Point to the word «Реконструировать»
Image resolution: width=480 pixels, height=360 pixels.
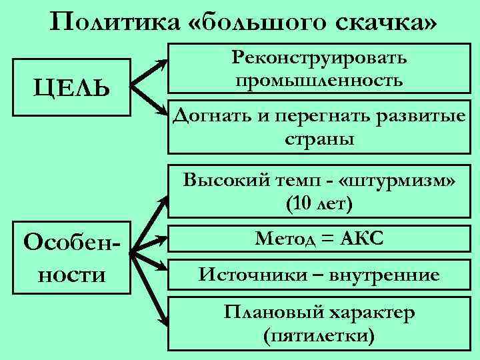click(x=319, y=59)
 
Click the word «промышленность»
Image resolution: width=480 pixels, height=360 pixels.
click(x=319, y=81)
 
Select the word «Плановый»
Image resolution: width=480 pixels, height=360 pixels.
click(x=265, y=311)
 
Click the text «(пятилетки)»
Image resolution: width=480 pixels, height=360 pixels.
click(x=319, y=334)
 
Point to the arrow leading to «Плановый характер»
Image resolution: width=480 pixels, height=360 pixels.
click(x=148, y=289)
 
